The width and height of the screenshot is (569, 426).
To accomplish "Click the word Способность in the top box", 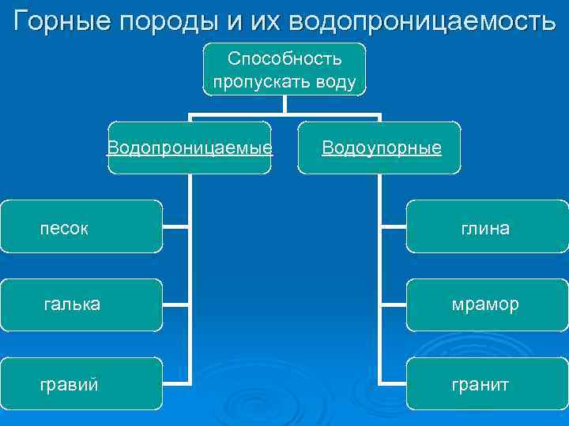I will [284, 59].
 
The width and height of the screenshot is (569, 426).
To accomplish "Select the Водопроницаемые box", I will [190, 148].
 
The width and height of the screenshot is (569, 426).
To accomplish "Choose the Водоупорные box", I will [379, 148].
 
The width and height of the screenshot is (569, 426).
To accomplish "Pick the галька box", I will [81, 304].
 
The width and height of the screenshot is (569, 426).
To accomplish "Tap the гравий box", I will [81, 383].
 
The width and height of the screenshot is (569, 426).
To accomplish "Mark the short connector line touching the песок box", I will [176, 226].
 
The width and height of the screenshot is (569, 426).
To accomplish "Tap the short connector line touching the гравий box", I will [176, 383].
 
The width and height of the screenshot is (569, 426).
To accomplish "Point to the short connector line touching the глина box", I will [393, 226].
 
